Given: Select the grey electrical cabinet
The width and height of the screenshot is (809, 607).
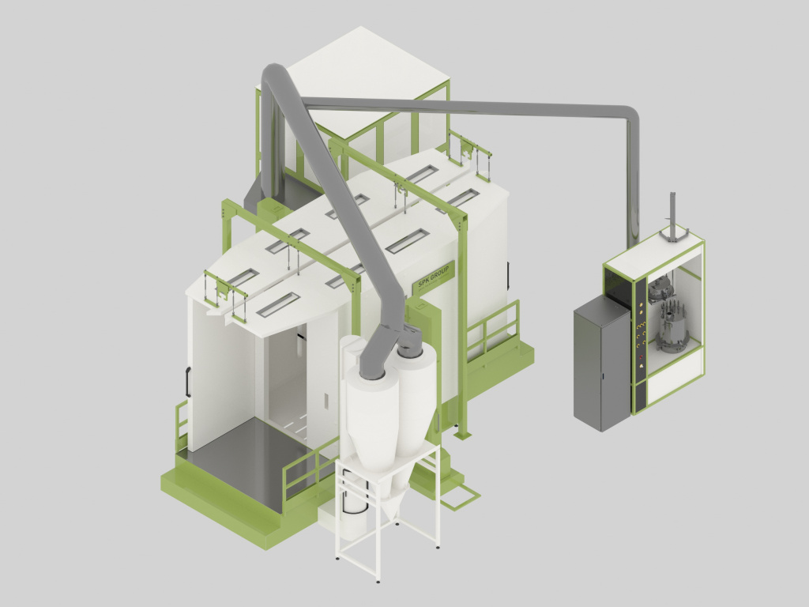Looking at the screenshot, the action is (602, 364).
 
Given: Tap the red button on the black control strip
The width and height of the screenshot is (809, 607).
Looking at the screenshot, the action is (642, 356).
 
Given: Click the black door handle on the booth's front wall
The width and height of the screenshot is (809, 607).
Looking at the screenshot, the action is (188, 382).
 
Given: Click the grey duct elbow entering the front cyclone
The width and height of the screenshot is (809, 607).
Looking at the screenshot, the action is (374, 351).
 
